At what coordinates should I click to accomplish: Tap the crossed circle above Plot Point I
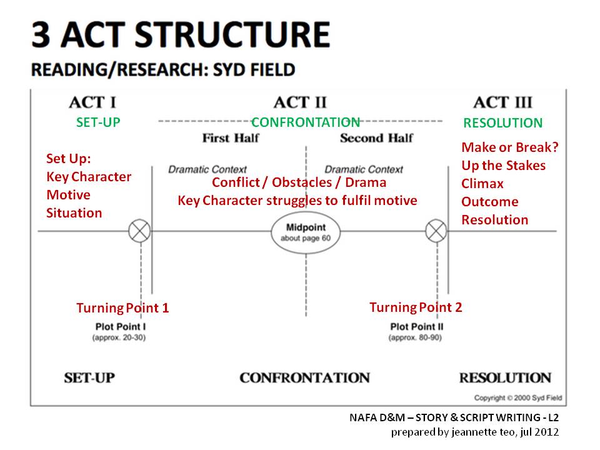[x=139, y=231]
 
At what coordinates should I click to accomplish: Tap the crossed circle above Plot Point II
[x=436, y=231]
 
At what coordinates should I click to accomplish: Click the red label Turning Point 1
[x=122, y=307]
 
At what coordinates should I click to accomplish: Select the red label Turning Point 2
[x=416, y=307]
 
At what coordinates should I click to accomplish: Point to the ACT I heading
[x=92, y=102]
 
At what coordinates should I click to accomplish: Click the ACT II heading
[x=300, y=102]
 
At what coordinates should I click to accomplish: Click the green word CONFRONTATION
[x=306, y=122]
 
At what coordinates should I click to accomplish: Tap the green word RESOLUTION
[x=502, y=123]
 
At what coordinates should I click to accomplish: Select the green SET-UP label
[x=98, y=122]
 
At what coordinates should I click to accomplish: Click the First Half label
[x=231, y=138]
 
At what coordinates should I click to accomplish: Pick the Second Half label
[x=376, y=138]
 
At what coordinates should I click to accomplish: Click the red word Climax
[x=482, y=184]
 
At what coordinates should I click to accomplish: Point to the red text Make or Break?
[x=509, y=147]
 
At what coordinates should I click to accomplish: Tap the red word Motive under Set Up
[x=68, y=194]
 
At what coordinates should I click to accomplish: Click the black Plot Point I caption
[x=121, y=326]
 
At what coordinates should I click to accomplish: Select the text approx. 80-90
[x=416, y=337]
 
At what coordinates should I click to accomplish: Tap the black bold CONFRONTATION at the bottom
[x=304, y=378]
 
